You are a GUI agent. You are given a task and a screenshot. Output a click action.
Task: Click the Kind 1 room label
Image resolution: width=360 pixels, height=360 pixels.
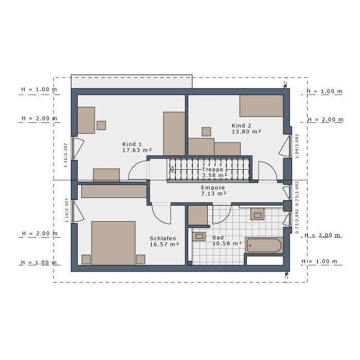tap(132, 143)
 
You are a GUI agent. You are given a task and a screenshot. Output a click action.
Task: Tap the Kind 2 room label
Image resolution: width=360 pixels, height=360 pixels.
tap(241, 125)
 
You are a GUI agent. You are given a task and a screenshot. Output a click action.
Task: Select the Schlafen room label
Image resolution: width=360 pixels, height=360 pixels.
tap(164, 238)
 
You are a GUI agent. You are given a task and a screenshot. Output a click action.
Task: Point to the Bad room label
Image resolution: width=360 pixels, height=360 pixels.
tap(218, 238)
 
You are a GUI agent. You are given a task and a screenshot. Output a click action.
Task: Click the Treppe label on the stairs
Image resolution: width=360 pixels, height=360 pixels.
tap(212, 169)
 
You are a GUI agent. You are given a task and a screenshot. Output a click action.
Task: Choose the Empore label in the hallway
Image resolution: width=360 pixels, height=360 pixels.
tap(213, 188)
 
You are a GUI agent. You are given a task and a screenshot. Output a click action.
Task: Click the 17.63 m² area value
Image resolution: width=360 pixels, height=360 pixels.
tap(137, 151)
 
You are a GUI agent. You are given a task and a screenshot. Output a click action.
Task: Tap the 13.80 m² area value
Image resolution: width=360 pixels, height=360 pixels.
tap(246, 132)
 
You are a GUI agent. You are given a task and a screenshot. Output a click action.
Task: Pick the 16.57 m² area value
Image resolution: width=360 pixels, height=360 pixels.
tap(164, 244)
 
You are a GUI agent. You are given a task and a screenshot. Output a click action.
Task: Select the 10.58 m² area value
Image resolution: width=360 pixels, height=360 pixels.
tap(227, 243)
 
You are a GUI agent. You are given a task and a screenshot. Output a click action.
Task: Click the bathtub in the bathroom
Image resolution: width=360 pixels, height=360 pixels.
tap(264, 245)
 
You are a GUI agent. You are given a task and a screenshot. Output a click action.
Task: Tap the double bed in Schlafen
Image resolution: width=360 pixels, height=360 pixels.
tap(113, 243)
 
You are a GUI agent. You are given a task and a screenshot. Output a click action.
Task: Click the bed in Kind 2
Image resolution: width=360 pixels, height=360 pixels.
tap(261, 105)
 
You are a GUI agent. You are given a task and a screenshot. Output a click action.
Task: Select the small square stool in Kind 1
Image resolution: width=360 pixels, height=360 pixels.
tap(101, 125)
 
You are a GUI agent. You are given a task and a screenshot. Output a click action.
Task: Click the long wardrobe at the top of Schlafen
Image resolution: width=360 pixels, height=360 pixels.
tap(114, 191)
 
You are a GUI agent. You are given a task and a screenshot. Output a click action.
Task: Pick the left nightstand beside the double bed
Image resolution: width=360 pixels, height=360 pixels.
tap(86, 259)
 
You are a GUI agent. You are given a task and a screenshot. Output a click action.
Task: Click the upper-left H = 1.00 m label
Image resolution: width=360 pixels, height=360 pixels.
tap(39, 89)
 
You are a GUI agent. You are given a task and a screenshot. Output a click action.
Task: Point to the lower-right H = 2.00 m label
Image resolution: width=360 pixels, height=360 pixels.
tap(321, 235)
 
